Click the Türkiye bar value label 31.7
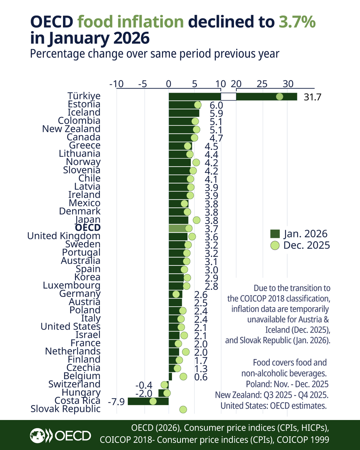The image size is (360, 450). (312, 97)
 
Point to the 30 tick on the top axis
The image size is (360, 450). (288, 84)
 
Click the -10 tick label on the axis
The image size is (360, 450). (116, 84)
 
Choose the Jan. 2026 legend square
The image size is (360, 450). (275, 234)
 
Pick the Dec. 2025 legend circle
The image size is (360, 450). (275, 246)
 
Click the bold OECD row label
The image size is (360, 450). (87, 228)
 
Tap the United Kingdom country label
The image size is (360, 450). (64, 236)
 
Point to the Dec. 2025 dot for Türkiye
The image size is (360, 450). (280, 97)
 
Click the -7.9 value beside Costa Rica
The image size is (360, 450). (116, 402)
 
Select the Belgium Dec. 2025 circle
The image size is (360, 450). (183, 376)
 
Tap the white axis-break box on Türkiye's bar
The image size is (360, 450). (228, 97)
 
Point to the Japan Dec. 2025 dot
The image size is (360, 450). (196, 220)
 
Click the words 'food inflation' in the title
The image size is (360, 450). (130, 22)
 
